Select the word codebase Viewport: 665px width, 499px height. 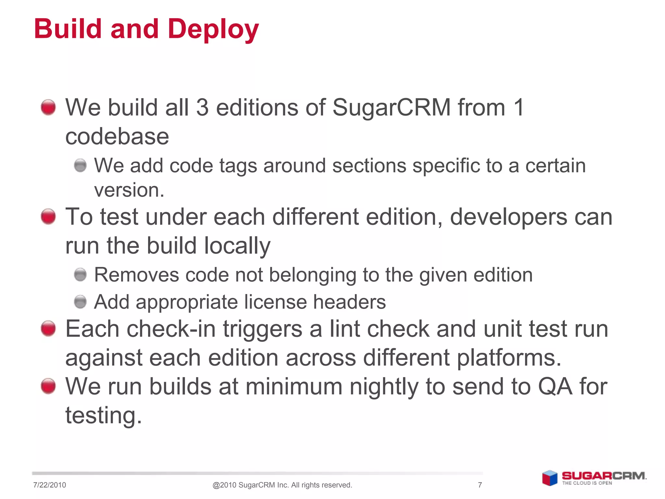[x=117, y=136]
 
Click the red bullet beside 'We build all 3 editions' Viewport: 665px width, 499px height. [x=48, y=107]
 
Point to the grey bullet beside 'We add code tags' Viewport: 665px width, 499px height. [x=80, y=165]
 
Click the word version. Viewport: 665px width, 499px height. [x=129, y=190]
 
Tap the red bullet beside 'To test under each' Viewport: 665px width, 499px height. [x=48, y=216]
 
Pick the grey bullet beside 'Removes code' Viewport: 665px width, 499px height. [x=80, y=275]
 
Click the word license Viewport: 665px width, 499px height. [x=275, y=302]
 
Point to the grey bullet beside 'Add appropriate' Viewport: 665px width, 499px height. [x=80, y=302]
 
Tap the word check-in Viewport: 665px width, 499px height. [x=171, y=329]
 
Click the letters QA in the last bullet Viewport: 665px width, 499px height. [x=555, y=387]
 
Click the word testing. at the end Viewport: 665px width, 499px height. [x=104, y=416]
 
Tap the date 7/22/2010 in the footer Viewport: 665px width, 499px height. [x=49, y=485]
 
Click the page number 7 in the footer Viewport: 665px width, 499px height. [x=480, y=485]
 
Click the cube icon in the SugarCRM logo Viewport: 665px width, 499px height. [x=550, y=478]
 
